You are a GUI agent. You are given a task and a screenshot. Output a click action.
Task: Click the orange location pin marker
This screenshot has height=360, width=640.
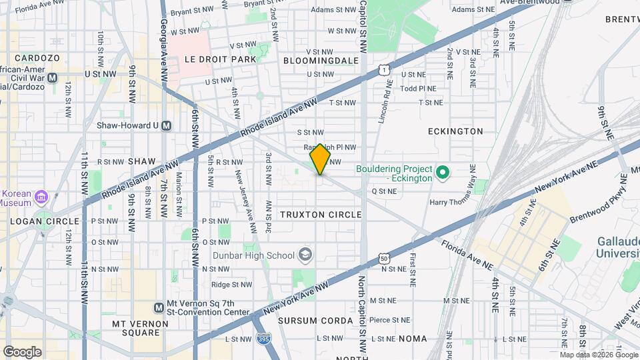(x=321, y=159)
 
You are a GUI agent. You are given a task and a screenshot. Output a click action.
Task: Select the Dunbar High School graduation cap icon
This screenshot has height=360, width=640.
(x=305, y=255)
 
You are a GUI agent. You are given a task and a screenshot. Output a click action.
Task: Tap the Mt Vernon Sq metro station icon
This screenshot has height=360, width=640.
(x=159, y=307)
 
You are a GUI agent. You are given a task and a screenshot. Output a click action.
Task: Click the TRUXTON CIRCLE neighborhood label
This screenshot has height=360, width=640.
(x=321, y=215)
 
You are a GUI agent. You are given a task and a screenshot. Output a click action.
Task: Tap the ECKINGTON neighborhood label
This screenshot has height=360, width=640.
(x=455, y=131)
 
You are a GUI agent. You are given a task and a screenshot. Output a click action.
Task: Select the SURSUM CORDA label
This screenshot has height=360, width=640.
(x=315, y=321)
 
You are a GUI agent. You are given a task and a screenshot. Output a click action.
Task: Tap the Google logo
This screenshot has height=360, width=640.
(x=21, y=352)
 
